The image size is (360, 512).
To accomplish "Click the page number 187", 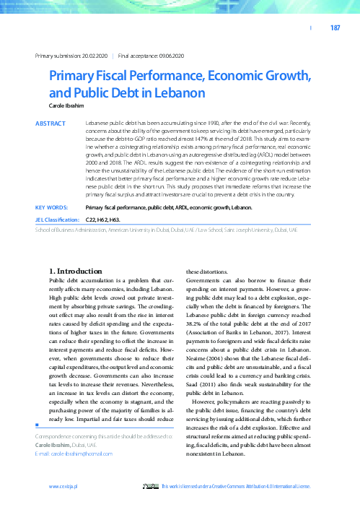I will [x=335, y=28].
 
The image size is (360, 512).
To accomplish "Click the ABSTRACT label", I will [x=51, y=123].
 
